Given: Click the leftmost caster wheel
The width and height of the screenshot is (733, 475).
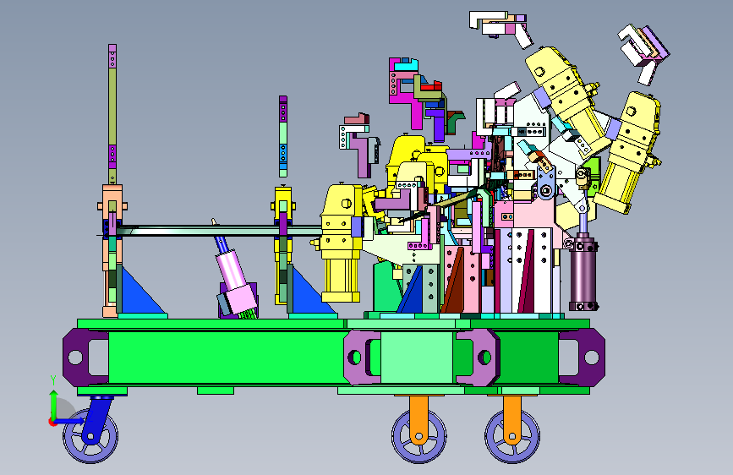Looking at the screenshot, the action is (x=90, y=436).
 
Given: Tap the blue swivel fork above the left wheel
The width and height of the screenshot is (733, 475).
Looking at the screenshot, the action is (x=97, y=418).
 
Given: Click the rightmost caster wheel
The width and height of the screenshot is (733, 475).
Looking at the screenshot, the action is (x=512, y=436).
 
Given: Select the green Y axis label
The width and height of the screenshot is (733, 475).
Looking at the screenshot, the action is (x=53, y=380).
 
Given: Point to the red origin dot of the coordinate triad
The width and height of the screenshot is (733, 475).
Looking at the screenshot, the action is (x=52, y=422).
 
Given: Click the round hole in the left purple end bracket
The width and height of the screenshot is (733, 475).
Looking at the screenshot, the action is (x=74, y=358).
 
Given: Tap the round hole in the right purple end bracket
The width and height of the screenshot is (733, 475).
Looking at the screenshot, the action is (x=591, y=358).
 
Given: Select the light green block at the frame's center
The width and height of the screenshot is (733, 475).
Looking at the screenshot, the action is (x=417, y=358).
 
